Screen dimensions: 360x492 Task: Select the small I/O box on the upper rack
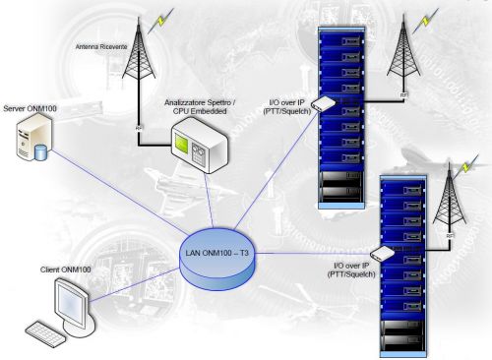pos(323,103)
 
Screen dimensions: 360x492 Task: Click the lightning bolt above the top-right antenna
pos(430,17)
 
